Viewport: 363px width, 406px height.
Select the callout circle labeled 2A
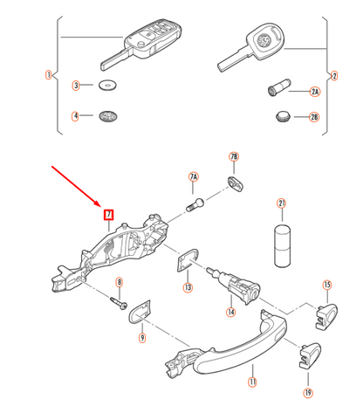pos(315,91)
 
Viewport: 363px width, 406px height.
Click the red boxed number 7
pos(109,214)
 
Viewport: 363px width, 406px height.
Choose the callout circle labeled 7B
pos(233,157)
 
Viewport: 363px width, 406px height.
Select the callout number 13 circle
pos(188,287)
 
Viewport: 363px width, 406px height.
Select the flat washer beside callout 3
pos(108,86)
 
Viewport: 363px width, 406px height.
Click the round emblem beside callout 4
pos(109,115)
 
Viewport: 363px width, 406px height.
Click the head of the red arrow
pos(102,207)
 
